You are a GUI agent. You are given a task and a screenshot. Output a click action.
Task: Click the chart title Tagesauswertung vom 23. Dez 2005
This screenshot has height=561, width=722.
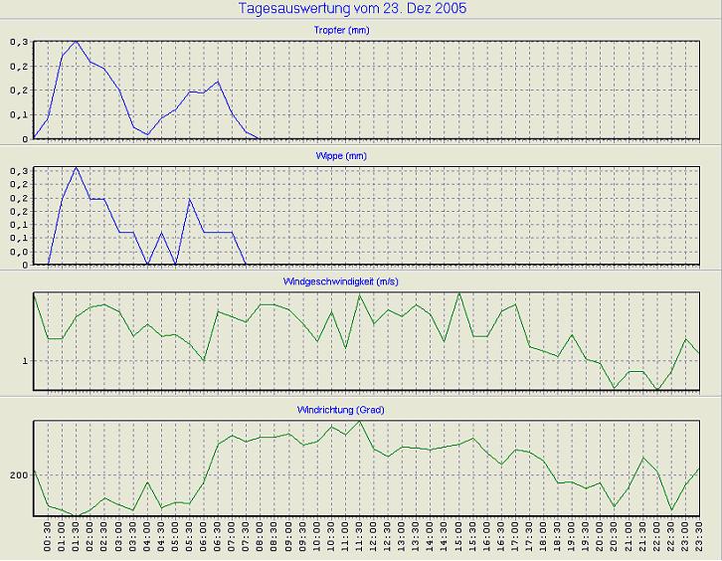(x=353, y=9)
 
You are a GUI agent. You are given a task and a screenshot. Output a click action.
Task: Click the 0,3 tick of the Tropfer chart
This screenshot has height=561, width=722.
(x=20, y=42)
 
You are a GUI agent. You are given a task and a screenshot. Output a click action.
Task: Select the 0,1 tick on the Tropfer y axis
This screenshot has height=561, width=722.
(x=20, y=114)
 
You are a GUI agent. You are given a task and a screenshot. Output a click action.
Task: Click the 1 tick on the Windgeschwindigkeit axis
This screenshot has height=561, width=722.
(x=26, y=360)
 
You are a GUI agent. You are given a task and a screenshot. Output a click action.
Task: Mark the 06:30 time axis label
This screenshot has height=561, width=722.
(x=218, y=540)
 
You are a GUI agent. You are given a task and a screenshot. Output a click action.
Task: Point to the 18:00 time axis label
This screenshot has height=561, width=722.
(x=543, y=540)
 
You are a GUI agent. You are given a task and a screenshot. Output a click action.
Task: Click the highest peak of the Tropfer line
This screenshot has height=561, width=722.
(x=76, y=41)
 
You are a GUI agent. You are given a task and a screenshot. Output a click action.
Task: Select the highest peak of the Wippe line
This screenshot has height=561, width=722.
(x=76, y=167)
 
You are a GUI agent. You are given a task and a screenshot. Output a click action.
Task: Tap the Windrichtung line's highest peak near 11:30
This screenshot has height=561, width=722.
(x=359, y=422)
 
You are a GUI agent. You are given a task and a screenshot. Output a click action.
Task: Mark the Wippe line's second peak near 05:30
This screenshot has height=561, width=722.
(x=190, y=200)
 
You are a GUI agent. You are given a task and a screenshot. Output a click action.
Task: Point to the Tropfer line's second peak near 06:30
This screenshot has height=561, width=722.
(x=217, y=82)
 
